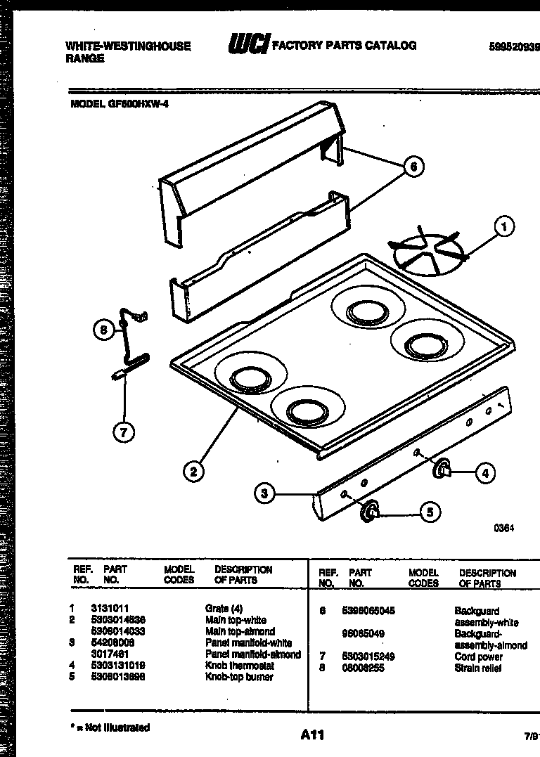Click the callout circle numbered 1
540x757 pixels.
coord(503,226)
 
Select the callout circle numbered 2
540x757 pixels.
coord(193,471)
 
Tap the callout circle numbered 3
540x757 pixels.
coord(264,493)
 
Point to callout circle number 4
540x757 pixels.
coord(484,473)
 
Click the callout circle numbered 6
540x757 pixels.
coord(415,167)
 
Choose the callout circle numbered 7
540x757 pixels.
coord(124,433)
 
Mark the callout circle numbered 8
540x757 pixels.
coord(104,330)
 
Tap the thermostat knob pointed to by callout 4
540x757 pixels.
coord(442,469)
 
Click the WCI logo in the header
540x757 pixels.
coord(247,46)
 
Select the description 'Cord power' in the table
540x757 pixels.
coord(479,656)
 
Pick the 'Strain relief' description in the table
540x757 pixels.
coord(478,668)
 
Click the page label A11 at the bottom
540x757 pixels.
coord(311,735)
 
